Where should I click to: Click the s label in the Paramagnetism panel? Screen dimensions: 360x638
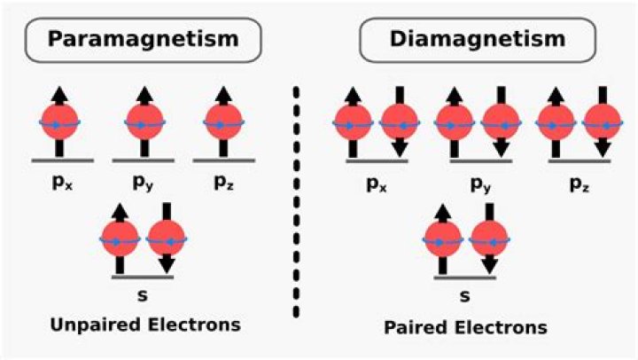click(x=143, y=292)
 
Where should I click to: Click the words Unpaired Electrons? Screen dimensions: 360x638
click(x=143, y=324)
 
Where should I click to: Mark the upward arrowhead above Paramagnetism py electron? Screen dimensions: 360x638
click(x=142, y=91)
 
